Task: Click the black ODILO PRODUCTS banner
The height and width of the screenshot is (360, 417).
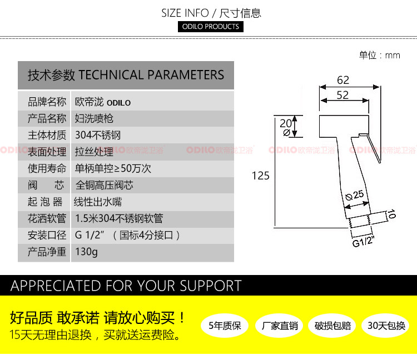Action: point(211,27)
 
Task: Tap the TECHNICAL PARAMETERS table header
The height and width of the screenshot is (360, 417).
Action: point(126,75)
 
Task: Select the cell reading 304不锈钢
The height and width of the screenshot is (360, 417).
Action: point(97,135)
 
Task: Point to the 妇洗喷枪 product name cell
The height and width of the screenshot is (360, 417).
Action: point(94,118)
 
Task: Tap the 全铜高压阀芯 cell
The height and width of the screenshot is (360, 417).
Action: point(104,185)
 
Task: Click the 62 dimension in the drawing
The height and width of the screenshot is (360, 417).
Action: point(342,81)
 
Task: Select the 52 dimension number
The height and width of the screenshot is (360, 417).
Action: point(342,96)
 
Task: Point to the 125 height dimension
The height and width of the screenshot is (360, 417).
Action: point(260,176)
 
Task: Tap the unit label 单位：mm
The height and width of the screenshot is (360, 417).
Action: point(380,55)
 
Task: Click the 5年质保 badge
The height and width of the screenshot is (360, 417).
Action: point(225,326)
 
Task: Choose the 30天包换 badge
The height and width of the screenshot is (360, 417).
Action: point(386,326)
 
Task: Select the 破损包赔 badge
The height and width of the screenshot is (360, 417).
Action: point(332,326)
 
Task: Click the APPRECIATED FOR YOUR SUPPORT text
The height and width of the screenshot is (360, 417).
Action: point(126,286)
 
